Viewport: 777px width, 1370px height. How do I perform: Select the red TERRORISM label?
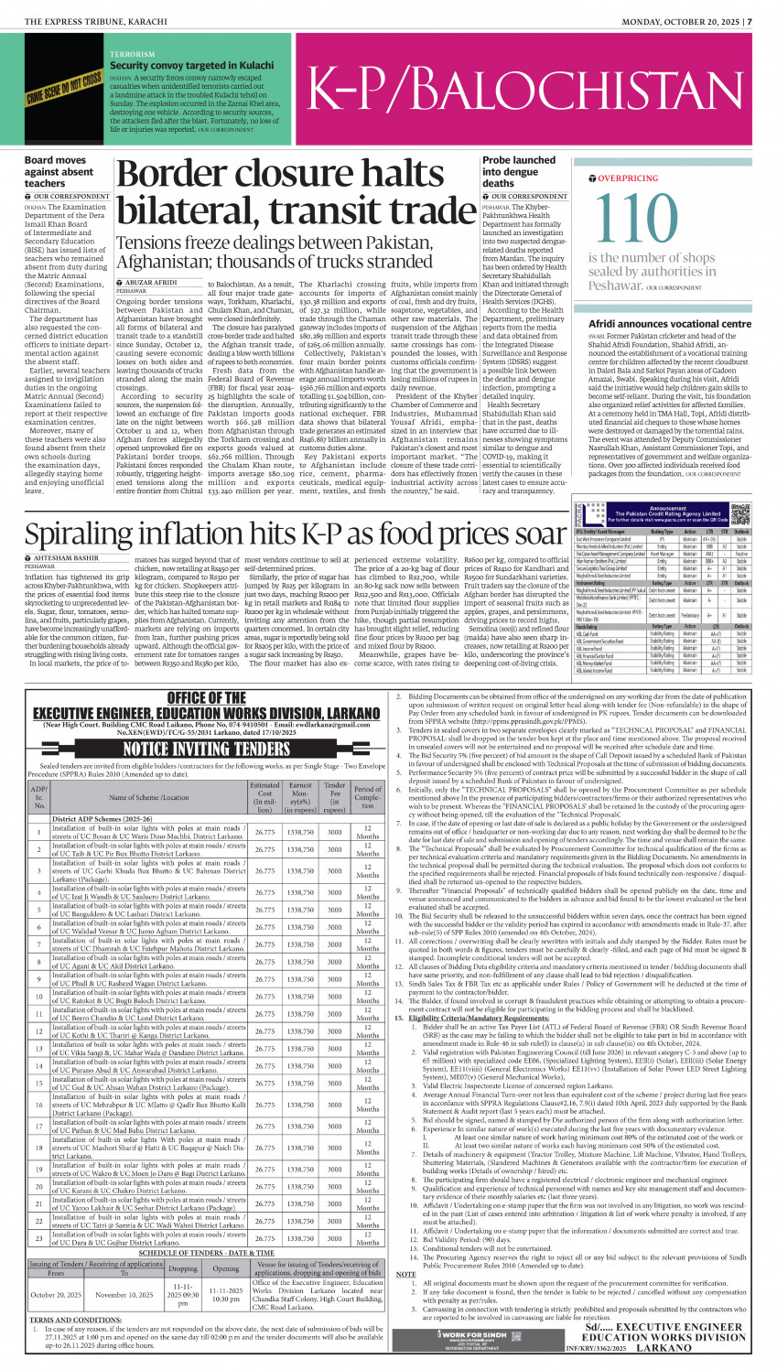tap(133, 55)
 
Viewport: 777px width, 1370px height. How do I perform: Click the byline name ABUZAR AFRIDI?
tap(152, 284)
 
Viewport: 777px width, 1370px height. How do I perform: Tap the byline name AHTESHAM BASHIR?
tap(65, 557)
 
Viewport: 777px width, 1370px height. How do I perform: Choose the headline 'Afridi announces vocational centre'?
tap(669, 324)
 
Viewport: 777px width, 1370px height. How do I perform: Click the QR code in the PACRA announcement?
tap(740, 512)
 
